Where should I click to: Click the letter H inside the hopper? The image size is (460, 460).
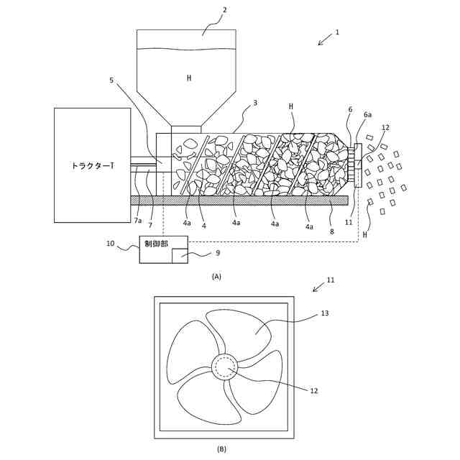coord(189,78)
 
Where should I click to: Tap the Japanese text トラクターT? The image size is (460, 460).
coord(92,166)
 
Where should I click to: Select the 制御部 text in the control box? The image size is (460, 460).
coord(156,244)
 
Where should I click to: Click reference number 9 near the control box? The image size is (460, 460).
coord(218,252)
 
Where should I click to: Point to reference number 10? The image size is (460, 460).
coord(111,244)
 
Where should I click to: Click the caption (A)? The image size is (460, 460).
coord(216,275)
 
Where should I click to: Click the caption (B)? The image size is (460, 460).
coord(221,449)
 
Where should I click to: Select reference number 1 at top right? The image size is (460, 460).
coord(337,32)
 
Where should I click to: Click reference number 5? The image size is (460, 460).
coord(112,80)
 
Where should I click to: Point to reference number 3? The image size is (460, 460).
coord(255,103)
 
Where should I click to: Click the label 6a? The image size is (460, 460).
coord(367,115)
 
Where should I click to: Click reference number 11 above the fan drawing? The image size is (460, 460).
coord(331,280)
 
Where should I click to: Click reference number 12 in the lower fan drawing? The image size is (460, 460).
coord(314,391)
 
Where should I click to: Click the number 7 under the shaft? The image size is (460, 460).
coord(149,225)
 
